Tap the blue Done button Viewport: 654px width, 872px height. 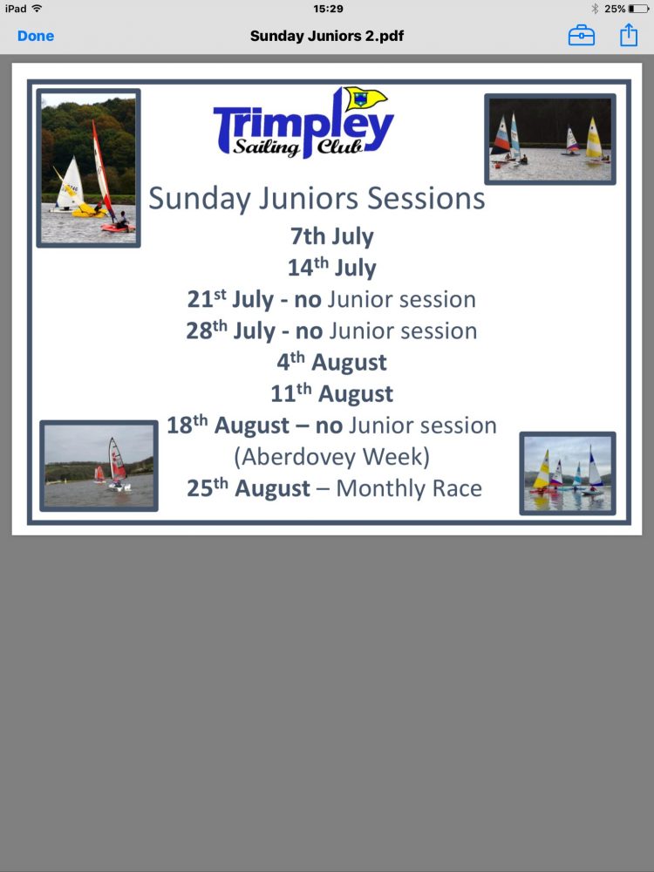point(36,36)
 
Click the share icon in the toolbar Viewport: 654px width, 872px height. point(629,35)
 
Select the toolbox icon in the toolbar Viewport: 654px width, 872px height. point(581,36)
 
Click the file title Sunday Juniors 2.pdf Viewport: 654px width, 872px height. point(327,36)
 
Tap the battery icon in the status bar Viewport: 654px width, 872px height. point(638,9)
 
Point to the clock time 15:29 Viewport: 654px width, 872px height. point(328,9)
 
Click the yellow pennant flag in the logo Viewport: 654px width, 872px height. point(364,99)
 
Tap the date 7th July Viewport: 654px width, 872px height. point(332,236)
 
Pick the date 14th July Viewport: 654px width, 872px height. point(332,268)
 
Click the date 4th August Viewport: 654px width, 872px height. point(332,362)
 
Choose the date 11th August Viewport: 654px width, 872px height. point(332,394)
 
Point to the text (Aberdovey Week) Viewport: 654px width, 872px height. point(332,457)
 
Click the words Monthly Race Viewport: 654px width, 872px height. point(409,488)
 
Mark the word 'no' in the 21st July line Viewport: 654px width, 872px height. point(308,300)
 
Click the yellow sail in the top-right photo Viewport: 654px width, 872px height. point(593,138)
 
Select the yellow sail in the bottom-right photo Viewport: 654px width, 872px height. point(542,471)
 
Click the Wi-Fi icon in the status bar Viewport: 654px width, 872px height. point(37,9)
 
